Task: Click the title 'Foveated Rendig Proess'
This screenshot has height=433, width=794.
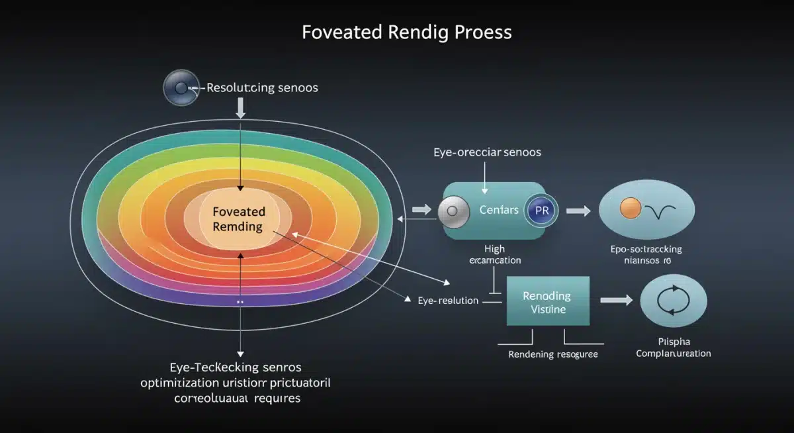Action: tap(406, 32)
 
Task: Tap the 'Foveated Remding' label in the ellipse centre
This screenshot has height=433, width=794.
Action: tap(239, 219)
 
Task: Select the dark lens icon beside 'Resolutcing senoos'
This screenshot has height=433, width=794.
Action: tap(180, 89)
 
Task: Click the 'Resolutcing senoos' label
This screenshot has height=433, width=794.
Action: tap(262, 88)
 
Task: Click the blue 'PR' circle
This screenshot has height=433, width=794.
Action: tap(541, 211)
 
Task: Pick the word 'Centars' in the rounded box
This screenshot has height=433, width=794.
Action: tap(499, 211)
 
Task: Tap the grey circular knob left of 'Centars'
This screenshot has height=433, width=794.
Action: tap(453, 212)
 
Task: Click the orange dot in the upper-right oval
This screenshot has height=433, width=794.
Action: tap(627, 210)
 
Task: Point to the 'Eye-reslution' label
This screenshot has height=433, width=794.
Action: tap(448, 301)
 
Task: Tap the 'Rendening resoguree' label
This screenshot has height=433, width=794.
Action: tap(552, 354)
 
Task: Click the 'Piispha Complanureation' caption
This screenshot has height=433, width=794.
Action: tap(673, 348)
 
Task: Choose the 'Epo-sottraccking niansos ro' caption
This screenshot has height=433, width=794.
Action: tap(646, 255)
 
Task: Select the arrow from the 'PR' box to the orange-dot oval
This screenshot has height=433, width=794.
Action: tap(577, 211)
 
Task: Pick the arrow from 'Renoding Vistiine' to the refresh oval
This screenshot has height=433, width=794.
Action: tap(615, 301)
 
